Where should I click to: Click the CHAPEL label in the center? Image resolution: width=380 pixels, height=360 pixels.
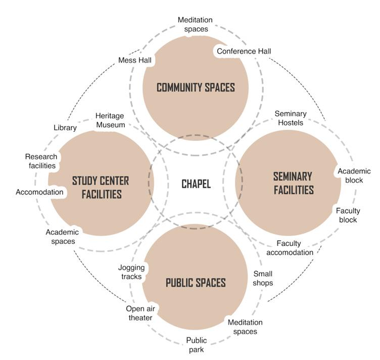[x=196, y=184]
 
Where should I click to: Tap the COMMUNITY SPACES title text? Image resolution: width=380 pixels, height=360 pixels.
[x=196, y=87]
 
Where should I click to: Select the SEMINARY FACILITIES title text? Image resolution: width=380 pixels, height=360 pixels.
[x=293, y=183]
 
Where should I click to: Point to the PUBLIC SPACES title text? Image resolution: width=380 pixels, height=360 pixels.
[x=196, y=283]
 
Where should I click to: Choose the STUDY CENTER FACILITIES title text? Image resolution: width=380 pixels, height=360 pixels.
[x=101, y=187]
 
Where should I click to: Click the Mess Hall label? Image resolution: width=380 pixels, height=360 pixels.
[x=135, y=60]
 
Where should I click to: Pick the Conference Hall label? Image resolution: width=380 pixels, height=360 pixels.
[x=244, y=51]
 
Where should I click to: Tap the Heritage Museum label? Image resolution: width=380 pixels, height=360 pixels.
[x=110, y=120]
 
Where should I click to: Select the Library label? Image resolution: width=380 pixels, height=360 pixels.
[x=65, y=128]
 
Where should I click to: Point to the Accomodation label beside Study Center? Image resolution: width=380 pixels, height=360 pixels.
[x=39, y=192]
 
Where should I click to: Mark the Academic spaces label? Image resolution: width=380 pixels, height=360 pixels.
[x=62, y=237]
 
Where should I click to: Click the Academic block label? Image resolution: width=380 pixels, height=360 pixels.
[x=354, y=175]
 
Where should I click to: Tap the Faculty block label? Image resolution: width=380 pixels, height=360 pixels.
[x=347, y=216]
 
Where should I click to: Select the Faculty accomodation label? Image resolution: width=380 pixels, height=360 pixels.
[x=290, y=248]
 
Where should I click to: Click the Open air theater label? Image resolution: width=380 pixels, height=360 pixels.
[x=139, y=314]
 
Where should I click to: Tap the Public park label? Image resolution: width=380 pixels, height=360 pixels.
[x=197, y=344]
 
